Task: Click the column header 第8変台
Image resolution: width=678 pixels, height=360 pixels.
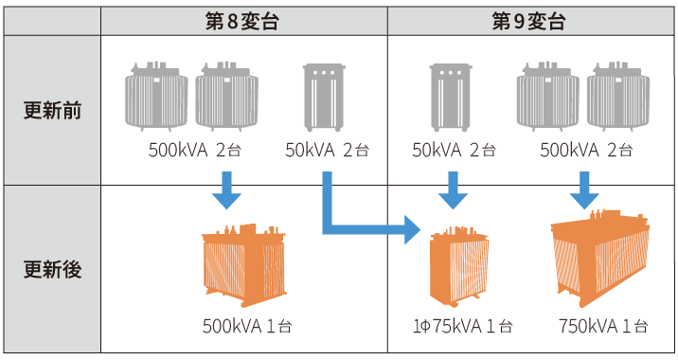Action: click(x=244, y=19)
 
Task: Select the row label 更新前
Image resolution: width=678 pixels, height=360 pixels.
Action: click(x=52, y=110)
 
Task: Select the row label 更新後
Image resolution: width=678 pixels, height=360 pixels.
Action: click(x=52, y=269)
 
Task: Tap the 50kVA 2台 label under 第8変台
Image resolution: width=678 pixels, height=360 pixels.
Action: click(x=326, y=149)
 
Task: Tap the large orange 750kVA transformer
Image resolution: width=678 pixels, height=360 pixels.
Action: click(x=600, y=259)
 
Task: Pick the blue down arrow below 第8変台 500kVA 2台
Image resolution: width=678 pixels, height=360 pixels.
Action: click(x=226, y=189)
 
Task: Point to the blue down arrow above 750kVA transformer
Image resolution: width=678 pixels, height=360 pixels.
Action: click(x=583, y=189)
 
